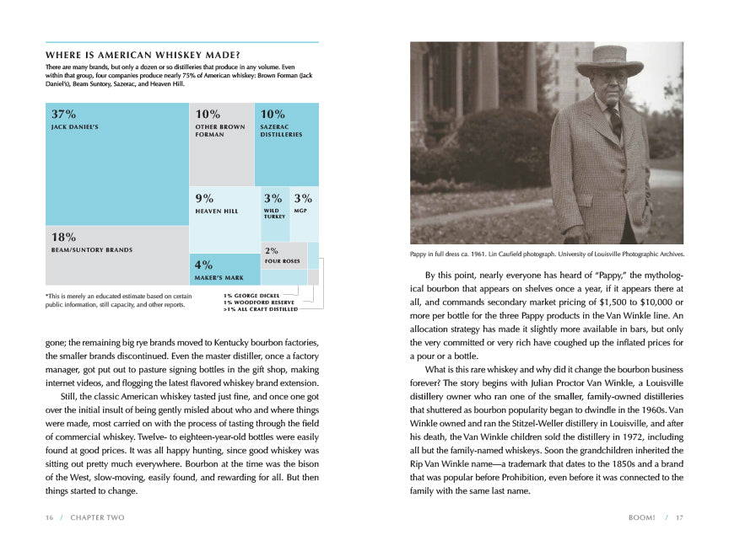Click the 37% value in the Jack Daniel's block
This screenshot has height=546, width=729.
(x=63, y=114)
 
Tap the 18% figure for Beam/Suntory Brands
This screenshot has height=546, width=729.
(x=64, y=238)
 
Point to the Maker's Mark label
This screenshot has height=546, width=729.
(x=219, y=278)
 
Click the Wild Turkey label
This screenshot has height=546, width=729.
(x=274, y=214)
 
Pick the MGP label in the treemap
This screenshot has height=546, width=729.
(x=300, y=211)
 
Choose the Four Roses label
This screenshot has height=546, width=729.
(x=282, y=261)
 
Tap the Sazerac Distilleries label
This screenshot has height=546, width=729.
(x=281, y=131)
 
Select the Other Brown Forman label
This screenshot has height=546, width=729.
(x=219, y=131)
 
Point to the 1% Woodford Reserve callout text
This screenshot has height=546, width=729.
(x=259, y=302)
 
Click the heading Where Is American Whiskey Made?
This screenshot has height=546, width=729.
(x=142, y=55)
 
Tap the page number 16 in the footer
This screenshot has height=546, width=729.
(x=50, y=517)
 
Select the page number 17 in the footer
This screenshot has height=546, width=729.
(x=678, y=517)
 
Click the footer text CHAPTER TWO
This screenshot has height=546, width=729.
(x=97, y=517)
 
